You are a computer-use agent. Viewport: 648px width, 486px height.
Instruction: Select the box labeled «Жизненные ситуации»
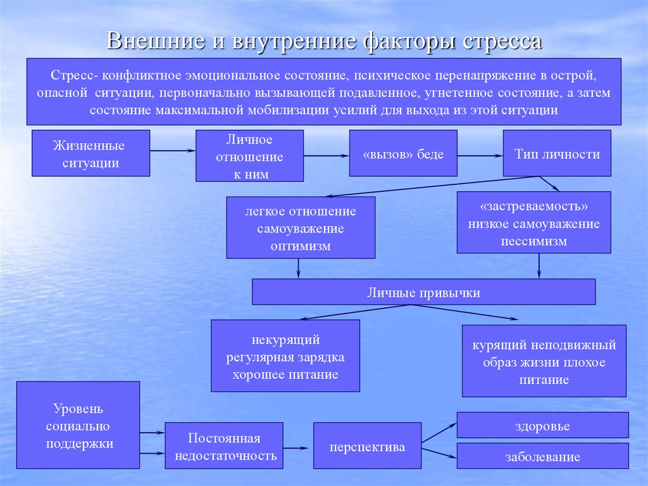tap(91, 153)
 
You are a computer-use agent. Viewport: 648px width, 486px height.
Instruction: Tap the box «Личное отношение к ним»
tap(249, 157)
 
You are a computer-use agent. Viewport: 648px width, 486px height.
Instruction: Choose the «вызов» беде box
tap(403, 153)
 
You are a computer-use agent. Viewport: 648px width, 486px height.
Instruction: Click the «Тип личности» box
tap(557, 153)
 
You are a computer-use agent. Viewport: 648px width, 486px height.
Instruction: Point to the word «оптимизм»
tap(301, 246)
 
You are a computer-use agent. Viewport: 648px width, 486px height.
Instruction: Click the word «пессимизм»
tap(534, 241)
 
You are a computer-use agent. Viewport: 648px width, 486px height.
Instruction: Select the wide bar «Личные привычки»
tap(423, 292)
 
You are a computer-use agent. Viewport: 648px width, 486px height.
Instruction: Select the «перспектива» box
tap(367, 446)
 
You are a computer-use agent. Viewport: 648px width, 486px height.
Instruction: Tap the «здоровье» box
tap(542, 425)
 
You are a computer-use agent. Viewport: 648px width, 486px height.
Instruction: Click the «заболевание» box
tap(542, 456)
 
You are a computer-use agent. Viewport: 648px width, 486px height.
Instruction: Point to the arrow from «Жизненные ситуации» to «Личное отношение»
tap(172, 150)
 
